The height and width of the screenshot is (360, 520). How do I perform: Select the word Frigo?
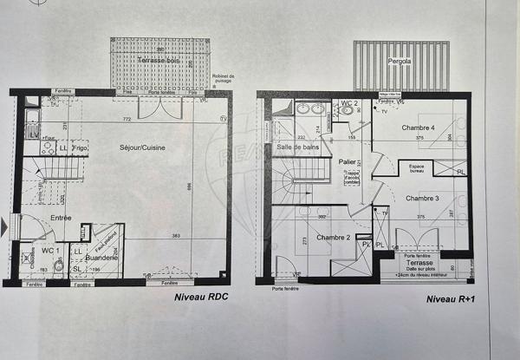tap(81, 148)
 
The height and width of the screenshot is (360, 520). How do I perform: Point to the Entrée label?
tap(60, 218)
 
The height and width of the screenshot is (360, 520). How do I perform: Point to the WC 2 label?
tap(349, 103)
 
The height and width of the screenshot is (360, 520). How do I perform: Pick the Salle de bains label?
tap(297, 147)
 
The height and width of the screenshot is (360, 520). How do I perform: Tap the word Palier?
tap(348, 161)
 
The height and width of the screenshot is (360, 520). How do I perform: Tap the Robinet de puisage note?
tap(222, 79)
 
